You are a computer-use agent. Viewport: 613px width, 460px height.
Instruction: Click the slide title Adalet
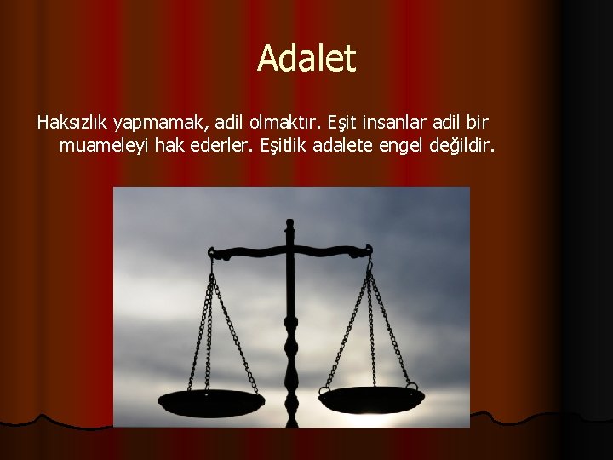(x=306, y=58)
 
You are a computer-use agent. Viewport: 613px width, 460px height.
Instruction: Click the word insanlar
(x=399, y=123)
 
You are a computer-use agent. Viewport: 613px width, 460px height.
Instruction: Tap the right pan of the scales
(x=372, y=398)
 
